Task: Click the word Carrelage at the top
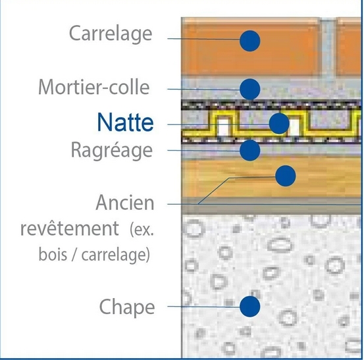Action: (x=111, y=34)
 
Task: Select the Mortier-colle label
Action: (x=93, y=87)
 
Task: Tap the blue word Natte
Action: (x=125, y=122)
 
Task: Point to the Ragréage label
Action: (x=112, y=150)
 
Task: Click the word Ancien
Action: (x=125, y=203)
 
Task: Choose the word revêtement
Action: (x=70, y=228)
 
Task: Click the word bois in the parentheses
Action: (x=53, y=254)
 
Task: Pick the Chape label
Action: (x=127, y=307)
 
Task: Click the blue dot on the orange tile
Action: (x=249, y=41)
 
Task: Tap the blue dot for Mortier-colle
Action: (x=249, y=89)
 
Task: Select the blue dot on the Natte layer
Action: (x=279, y=124)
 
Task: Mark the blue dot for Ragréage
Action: (x=249, y=151)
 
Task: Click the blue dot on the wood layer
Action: (x=286, y=176)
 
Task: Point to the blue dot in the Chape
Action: (x=249, y=307)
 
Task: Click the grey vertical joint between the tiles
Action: (x=328, y=47)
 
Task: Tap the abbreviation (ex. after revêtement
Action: (x=142, y=229)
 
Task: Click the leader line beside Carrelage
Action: (x=203, y=39)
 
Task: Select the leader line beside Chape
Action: (x=203, y=307)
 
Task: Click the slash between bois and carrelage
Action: (x=74, y=255)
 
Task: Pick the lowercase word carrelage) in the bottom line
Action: (x=116, y=255)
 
